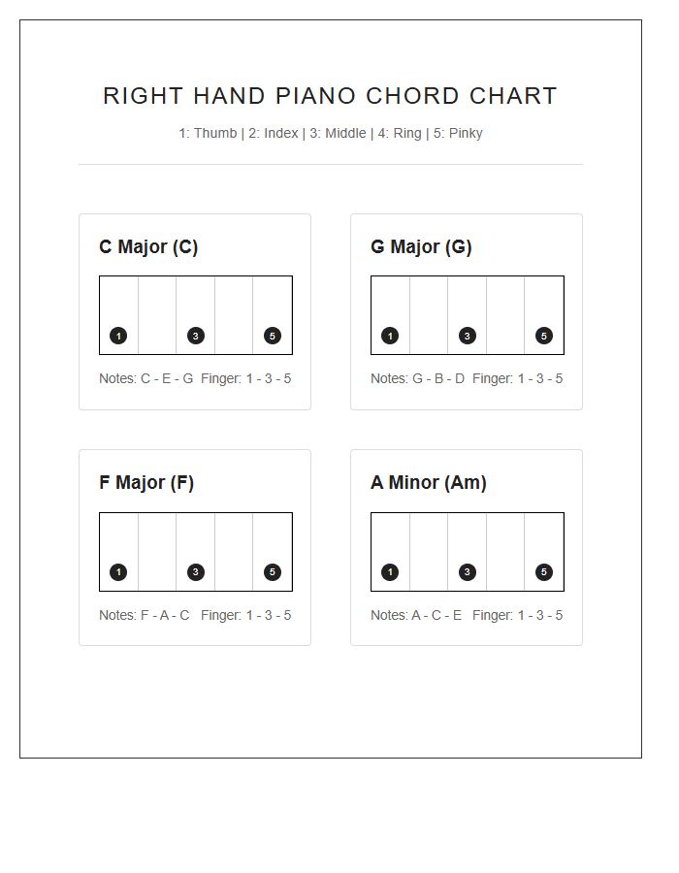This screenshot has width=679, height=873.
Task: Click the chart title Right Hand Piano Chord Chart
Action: [330, 96]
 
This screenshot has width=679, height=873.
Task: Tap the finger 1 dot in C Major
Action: [118, 337]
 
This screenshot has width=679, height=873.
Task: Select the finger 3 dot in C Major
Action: [196, 337]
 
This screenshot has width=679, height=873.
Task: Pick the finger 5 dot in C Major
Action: [273, 337]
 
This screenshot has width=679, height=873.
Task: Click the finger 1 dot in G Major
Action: [390, 337]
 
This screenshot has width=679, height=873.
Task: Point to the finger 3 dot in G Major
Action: [468, 337]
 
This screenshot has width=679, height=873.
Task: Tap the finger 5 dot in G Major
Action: [544, 337]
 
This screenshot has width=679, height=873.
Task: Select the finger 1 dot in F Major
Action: [118, 572]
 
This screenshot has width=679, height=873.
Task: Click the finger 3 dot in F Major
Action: [196, 572]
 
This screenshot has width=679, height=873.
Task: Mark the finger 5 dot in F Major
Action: [273, 572]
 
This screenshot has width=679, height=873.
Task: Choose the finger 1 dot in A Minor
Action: [390, 572]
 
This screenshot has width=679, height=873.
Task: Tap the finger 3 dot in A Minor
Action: [468, 572]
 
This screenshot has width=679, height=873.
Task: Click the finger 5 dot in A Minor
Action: [544, 572]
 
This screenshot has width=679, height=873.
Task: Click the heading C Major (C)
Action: [148, 247]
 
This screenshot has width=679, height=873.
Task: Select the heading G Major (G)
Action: [421, 247]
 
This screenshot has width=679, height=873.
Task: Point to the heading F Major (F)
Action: [146, 483]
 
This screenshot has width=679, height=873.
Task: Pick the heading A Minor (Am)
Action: [429, 483]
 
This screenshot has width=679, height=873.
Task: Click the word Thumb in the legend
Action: [214, 134]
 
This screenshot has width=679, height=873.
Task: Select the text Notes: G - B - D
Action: [417, 379]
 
